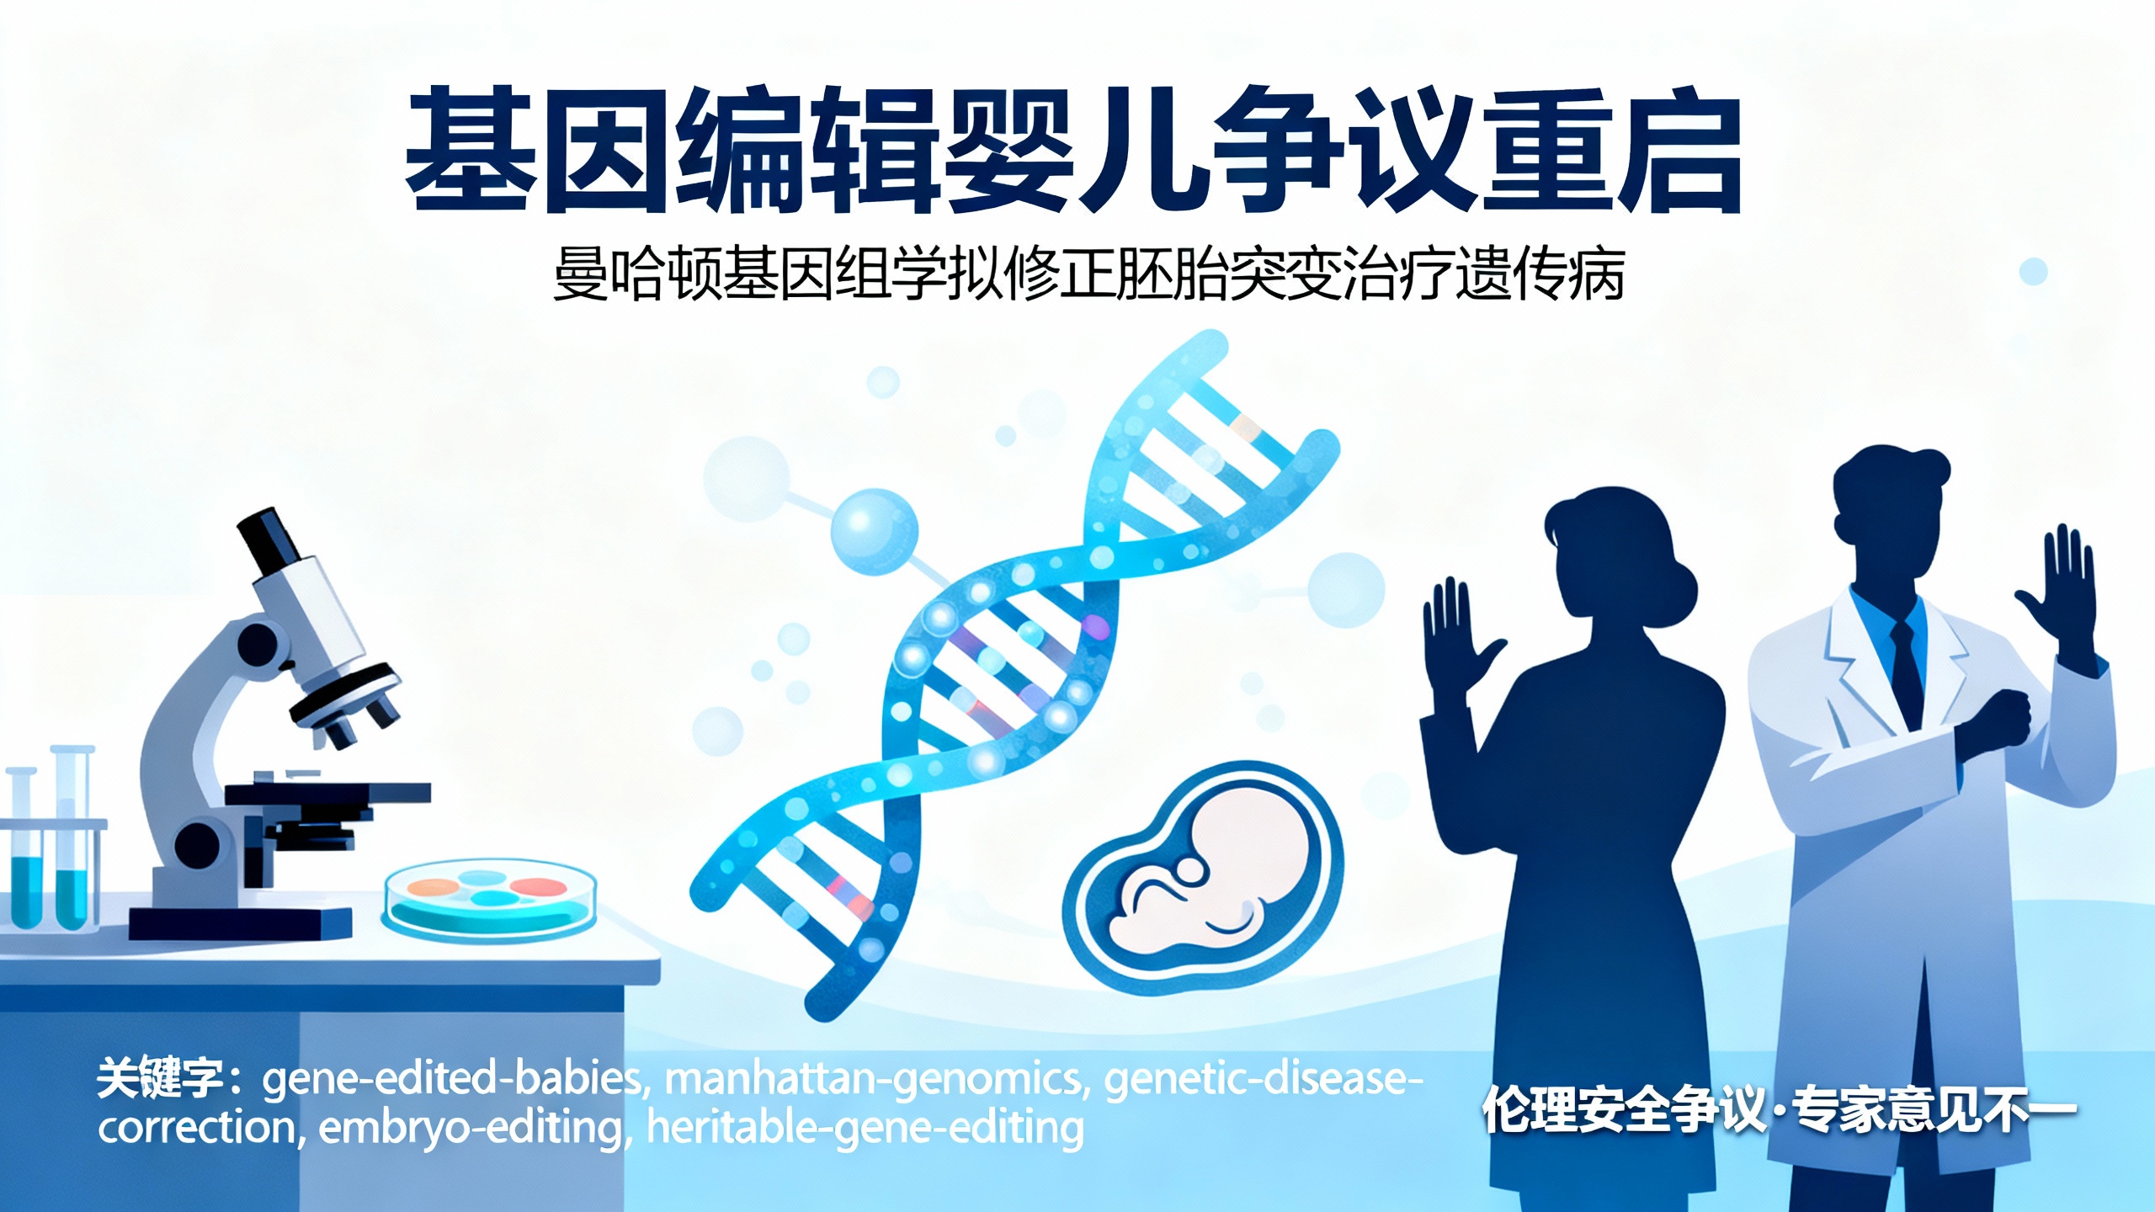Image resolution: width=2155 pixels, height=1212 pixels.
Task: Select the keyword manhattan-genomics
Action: click(875, 1079)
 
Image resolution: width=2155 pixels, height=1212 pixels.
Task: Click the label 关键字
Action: click(160, 1079)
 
